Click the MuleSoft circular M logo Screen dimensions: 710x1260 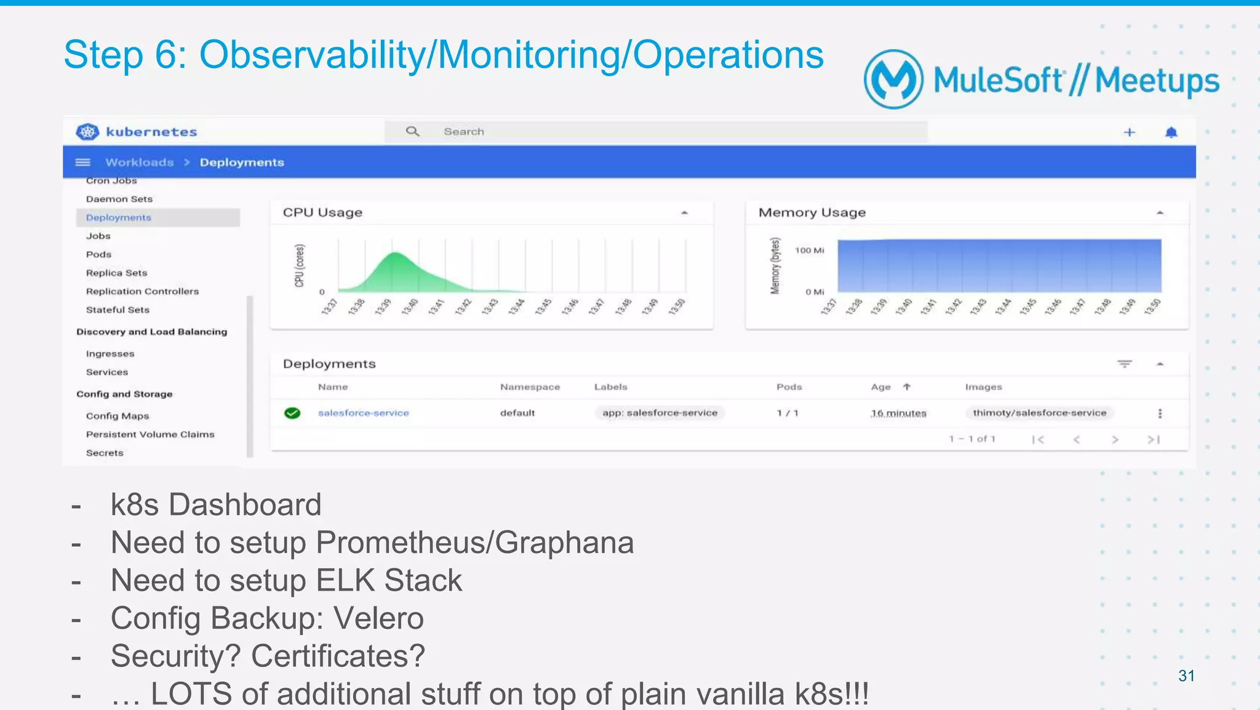tap(893, 79)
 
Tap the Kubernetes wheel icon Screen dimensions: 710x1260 tap(87, 132)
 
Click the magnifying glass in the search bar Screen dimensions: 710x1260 tap(412, 131)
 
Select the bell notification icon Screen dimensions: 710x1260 tap(1171, 132)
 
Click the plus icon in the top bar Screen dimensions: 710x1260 tap(1130, 132)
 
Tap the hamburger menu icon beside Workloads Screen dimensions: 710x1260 tap(82, 163)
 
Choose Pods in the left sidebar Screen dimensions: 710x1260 tap(98, 254)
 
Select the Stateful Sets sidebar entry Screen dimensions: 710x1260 tap(118, 310)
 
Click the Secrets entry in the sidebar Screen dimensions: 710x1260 tap(105, 453)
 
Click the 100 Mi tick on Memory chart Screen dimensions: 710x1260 tap(809, 251)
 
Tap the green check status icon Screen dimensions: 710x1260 tap(292, 413)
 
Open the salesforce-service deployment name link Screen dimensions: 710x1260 tap(363, 413)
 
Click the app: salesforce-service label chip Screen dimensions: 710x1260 tap(660, 413)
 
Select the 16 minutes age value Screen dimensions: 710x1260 tap(898, 413)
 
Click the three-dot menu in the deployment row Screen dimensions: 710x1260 tap(1160, 414)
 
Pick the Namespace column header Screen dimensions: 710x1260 tap(530, 387)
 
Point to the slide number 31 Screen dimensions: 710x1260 tap(1186, 676)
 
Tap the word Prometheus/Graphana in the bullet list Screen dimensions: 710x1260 tap(474, 543)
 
